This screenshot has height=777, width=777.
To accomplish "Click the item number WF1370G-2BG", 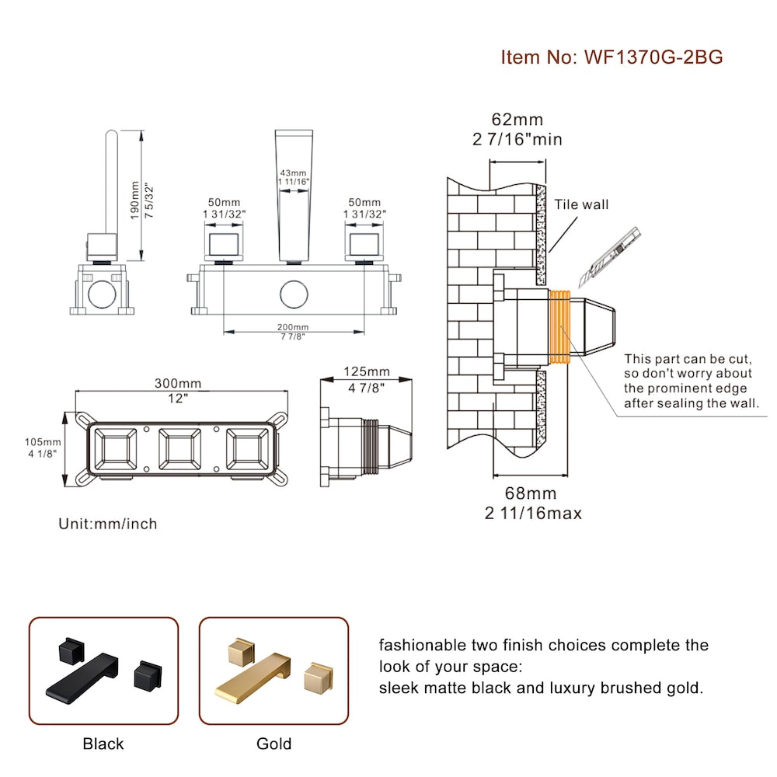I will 611,57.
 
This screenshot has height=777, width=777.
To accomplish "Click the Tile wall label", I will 581,205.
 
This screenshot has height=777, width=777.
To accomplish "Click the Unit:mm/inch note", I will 108,524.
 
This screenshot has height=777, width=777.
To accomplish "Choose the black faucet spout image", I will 85,674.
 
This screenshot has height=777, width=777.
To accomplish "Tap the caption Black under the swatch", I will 103,744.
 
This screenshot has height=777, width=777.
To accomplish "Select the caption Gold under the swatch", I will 274,744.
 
